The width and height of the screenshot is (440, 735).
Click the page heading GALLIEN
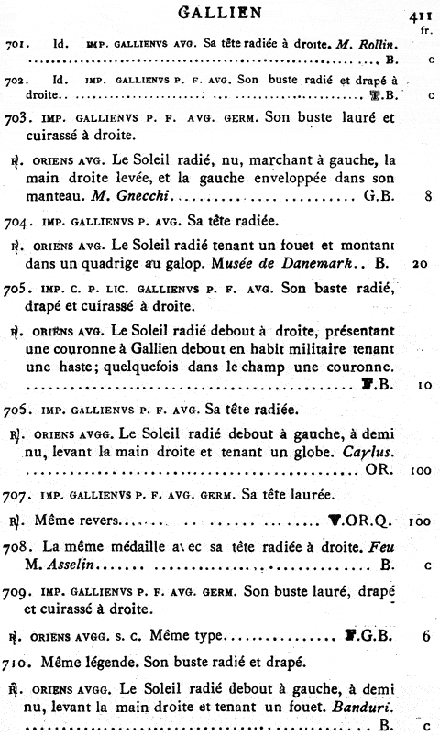tap(218, 12)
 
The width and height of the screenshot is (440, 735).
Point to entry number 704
tap(18, 220)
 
